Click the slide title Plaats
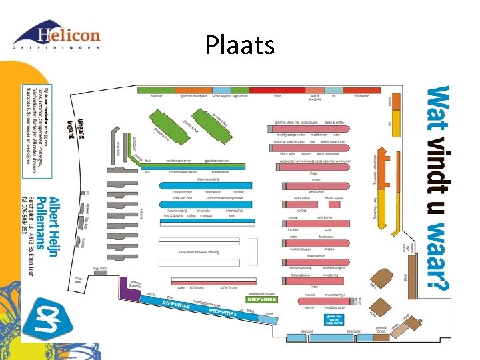pos(240,45)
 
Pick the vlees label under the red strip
pos(278,96)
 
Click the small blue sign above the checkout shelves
pos(334,317)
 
